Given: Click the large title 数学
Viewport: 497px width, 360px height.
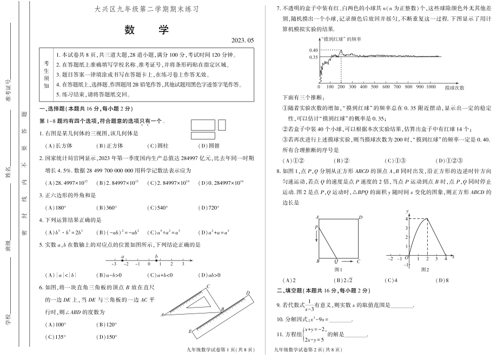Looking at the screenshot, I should (142, 30).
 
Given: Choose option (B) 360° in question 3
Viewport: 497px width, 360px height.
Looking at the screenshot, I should (107, 208).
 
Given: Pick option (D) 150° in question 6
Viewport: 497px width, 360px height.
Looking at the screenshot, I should (107, 338).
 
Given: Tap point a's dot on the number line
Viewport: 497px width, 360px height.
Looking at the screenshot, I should (123, 261).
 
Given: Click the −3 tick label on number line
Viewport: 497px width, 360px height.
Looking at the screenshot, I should (113, 264).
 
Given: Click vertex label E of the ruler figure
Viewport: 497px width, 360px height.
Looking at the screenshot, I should (189, 330).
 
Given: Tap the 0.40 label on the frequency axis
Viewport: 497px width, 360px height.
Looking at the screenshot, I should (313, 50).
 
